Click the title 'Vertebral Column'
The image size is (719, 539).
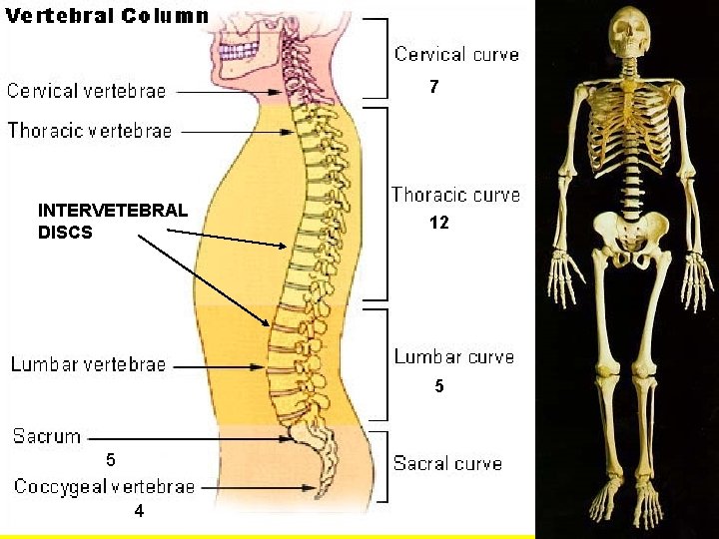108,16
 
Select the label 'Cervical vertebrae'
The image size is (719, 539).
87,91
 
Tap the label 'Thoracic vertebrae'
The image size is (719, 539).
90,130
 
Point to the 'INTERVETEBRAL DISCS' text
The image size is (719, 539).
112,222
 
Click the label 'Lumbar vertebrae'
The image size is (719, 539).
89,365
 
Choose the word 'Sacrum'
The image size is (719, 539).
47,436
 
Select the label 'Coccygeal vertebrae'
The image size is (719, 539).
105,487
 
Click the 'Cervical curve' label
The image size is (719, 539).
456,54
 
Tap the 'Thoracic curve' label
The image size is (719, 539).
455,195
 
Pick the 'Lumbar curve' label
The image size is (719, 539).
454,356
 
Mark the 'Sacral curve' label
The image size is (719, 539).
447,463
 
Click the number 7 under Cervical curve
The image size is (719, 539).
433,88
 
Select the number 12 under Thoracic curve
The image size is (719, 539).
438,224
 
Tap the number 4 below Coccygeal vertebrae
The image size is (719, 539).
139,511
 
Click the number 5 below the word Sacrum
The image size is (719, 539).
111,460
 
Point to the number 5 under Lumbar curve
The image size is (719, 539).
438,386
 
